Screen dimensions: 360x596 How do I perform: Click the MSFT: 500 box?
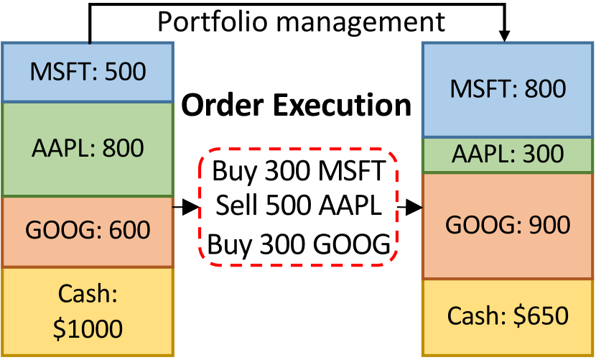pos(88,72)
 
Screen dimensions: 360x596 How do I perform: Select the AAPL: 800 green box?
pos(88,149)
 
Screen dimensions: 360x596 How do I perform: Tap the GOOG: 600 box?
pos(88,231)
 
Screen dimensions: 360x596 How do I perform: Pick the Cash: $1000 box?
pos(88,311)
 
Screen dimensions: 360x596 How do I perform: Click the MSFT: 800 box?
pos(508,90)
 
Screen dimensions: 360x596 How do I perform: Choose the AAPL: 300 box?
pos(508,154)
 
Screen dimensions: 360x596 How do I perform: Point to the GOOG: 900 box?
pos(508,225)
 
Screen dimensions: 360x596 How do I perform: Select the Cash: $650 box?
pos(508,316)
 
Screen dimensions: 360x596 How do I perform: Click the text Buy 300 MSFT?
pos(299,172)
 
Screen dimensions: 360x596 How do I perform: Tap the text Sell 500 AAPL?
pos(299,208)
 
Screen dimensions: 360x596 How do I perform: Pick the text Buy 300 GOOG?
pos(299,244)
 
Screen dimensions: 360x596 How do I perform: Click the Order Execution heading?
pos(296,106)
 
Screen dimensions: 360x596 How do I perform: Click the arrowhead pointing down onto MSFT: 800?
pos(505,36)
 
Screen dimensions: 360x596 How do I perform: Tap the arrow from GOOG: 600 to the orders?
pos(185,208)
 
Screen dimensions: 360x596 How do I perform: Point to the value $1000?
pos(88,328)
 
